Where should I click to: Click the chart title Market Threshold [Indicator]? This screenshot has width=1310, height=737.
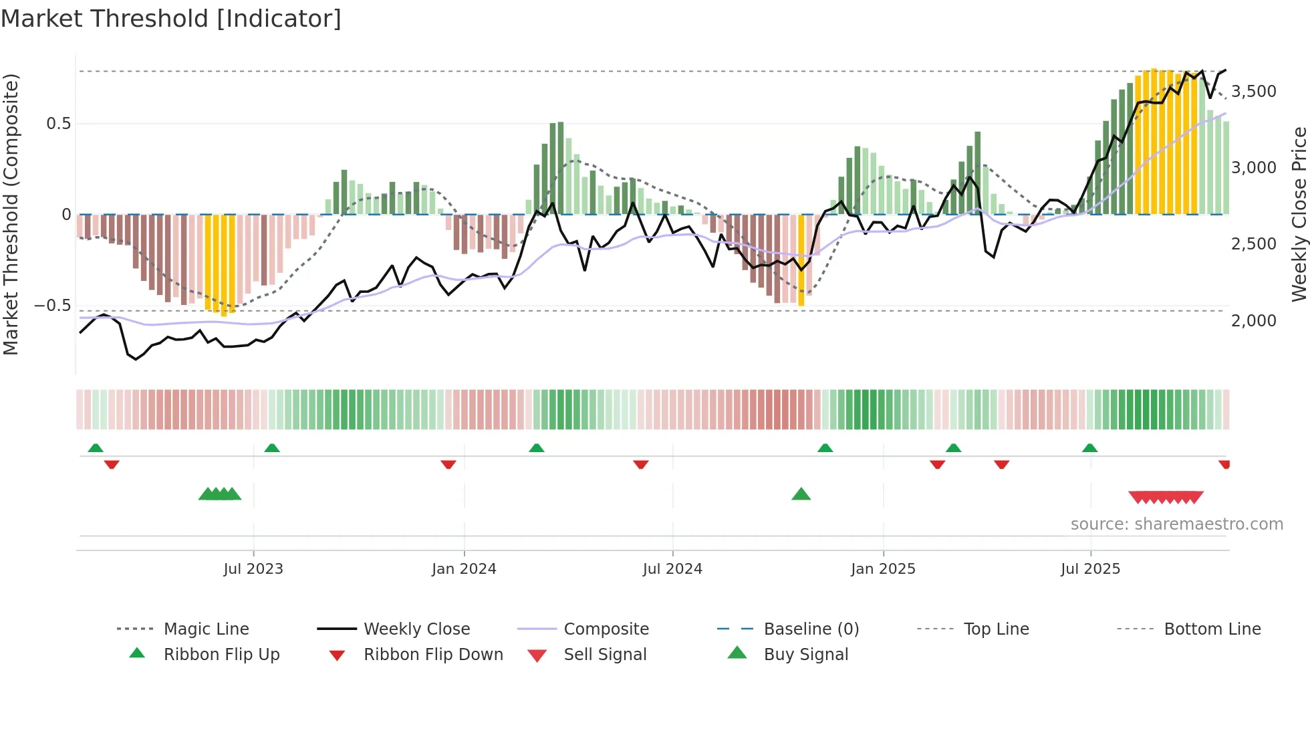171,19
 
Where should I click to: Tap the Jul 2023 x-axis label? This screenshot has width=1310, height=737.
253,569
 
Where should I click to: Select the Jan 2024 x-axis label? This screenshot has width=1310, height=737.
464,569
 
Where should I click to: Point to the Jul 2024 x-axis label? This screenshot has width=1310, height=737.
672,569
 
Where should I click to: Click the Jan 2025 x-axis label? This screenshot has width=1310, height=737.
883,569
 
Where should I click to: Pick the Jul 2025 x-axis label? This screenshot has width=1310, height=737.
1090,569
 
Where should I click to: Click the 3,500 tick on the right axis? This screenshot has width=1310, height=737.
1253,92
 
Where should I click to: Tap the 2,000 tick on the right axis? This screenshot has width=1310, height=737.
1253,321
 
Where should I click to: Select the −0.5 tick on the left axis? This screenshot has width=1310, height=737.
52,306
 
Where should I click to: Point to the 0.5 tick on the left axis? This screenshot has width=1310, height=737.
58,124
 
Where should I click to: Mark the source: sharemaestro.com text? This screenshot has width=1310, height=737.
1176,524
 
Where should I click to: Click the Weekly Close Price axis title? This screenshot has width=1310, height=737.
1299,214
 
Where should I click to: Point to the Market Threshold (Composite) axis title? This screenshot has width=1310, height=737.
11,214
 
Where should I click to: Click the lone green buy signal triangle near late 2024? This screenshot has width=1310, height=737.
801,494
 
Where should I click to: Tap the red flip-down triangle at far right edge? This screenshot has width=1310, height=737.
1224,464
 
